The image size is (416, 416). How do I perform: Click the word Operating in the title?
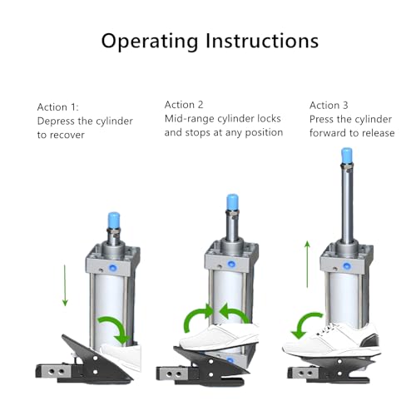pyautogui.click(x=147, y=40)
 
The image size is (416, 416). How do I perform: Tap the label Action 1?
pyautogui.click(x=58, y=106)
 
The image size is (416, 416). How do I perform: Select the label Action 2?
pyautogui.click(x=184, y=104)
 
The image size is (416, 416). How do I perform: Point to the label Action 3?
pyautogui.click(x=329, y=105)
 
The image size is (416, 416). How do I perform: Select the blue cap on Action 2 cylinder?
pyautogui.click(x=234, y=204)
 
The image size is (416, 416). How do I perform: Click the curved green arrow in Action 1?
pyautogui.click(x=115, y=327)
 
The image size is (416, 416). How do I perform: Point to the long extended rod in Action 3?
pyautogui.click(x=343, y=204)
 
